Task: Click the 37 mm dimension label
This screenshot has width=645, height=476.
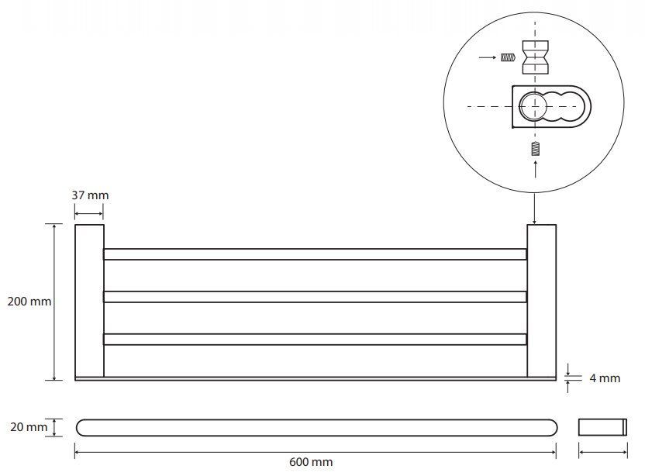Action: click(x=90, y=195)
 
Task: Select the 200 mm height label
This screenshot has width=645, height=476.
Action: click(x=29, y=301)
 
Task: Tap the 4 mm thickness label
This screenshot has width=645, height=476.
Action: click(x=605, y=378)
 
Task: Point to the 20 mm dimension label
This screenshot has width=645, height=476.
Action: click(x=29, y=427)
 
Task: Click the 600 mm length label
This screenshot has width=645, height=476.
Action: click(x=311, y=462)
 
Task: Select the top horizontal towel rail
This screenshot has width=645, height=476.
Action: click(x=315, y=254)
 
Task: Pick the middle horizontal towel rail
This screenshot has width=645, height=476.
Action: click(x=315, y=297)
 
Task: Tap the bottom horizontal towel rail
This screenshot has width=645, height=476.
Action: click(x=315, y=340)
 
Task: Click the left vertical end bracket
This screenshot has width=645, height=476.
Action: click(x=89, y=301)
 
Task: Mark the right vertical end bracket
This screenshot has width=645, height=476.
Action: click(x=542, y=301)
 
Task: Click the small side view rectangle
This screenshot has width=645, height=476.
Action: click(x=602, y=427)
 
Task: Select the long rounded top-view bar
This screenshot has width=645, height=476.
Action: click(x=316, y=427)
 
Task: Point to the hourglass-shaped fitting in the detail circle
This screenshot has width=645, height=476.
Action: click(x=535, y=57)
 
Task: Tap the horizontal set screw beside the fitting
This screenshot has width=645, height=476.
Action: click(x=508, y=57)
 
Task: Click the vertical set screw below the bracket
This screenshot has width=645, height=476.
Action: click(x=535, y=149)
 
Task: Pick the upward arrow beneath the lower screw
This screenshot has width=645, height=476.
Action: click(x=535, y=169)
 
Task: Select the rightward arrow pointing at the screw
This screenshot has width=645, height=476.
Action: click(x=488, y=57)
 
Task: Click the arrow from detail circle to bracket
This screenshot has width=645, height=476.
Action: click(x=534, y=209)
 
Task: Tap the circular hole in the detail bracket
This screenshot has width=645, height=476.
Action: click(x=533, y=106)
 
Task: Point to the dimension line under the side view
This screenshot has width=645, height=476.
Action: click(x=602, y=453)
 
